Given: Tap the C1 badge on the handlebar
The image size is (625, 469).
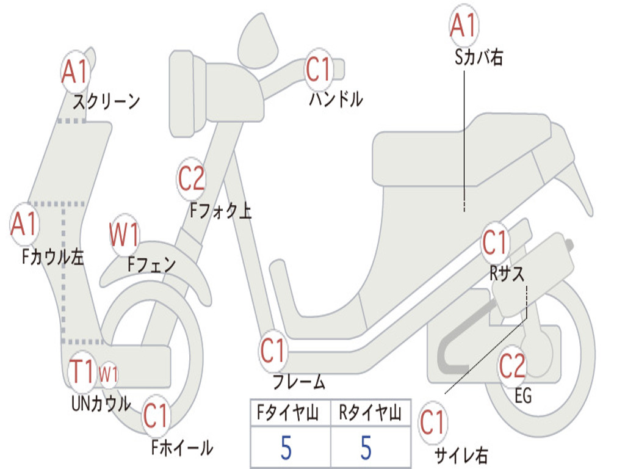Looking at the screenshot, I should click(318, 70).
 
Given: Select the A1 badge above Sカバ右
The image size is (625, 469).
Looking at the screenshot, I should click(463, 26).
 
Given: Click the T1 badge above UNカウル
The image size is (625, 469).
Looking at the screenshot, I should click(82, 372).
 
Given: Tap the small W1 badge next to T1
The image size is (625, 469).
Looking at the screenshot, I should click(108, 373).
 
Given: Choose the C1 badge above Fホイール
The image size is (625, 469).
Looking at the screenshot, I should click(156, 416).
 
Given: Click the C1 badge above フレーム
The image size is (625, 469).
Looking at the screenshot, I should click(273, 351).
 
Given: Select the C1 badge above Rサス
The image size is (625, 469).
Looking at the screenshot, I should click(495, 243).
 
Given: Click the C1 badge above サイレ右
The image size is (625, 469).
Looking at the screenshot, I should click(433, 423).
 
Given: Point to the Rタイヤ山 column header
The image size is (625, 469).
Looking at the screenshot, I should click(370, 414).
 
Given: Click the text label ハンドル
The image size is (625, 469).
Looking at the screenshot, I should click(336, 99).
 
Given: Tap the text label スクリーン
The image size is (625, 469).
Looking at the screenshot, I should click(106, 101).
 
